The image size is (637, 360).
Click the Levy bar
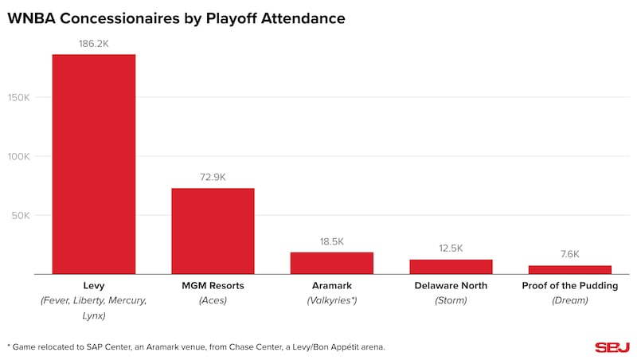pos(94,164)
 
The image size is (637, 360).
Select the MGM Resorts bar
pos(213,231)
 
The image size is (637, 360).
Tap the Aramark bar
pos(331,263)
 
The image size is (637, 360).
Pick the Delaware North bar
pos(451,267)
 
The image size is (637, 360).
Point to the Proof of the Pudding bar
pos(569,270)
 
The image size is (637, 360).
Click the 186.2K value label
pos(94,43)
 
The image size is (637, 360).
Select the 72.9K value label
pos(213,177)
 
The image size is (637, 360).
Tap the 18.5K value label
pos(331,241)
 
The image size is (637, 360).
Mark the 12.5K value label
pos(451,248)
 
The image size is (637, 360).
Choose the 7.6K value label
pos(569,254)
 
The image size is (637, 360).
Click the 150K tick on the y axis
pos(19,98)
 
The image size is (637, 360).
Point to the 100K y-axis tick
pos(19,157)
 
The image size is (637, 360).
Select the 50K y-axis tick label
pos(21,216)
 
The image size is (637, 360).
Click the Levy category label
pos(94,285)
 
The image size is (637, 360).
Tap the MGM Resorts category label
pos(213,285)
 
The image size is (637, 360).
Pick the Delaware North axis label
pos(451,285)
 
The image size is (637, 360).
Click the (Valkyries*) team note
pos(331,300)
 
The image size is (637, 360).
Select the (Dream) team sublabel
pos(569,300)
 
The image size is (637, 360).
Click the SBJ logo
pos(612,347)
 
